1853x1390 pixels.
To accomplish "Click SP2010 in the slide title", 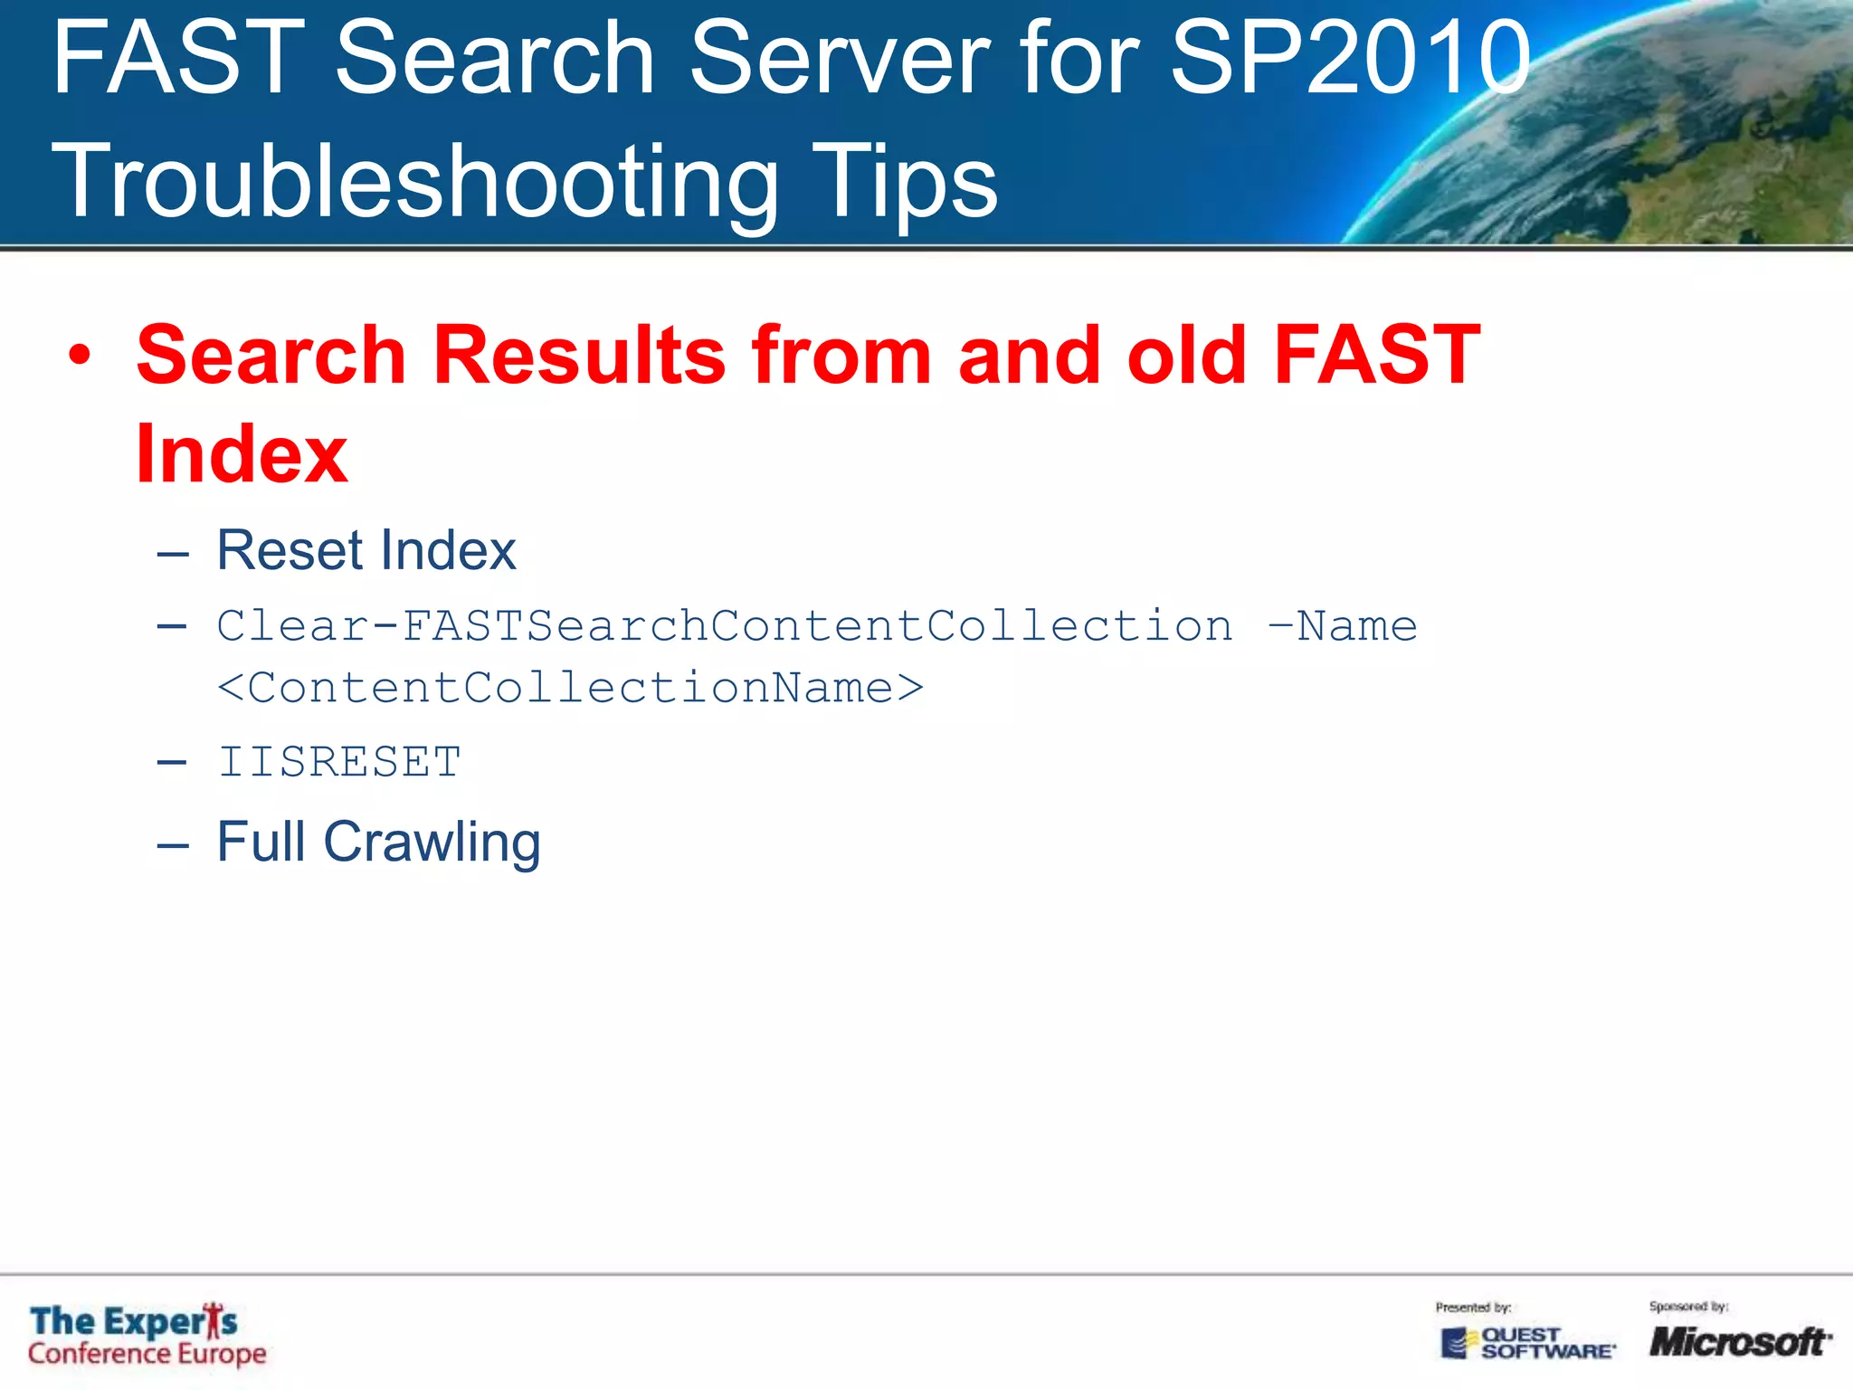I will [x=1350, y=59].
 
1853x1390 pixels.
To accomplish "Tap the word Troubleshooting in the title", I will [x=414, y=182].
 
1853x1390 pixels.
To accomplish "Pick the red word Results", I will [x=579, y=355].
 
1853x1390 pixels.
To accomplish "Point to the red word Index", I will [x=242, y=454].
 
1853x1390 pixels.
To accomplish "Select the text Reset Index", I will [x=366, y=550].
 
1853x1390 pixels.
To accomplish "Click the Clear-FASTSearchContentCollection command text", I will [x=724, y=626].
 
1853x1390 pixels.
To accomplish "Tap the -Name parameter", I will [x=1343, y=626].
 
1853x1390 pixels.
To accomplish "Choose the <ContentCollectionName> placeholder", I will [x=570, y=688].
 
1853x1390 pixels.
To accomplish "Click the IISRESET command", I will [x=339, y=762].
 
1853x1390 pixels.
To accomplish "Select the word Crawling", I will [x=432, y=843].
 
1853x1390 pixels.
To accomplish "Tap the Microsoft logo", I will [x=1739, y=1341].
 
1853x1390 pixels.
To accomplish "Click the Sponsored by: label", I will [x=1688, y=1307].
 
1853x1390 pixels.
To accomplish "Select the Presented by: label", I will [x=1473, y=1308].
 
